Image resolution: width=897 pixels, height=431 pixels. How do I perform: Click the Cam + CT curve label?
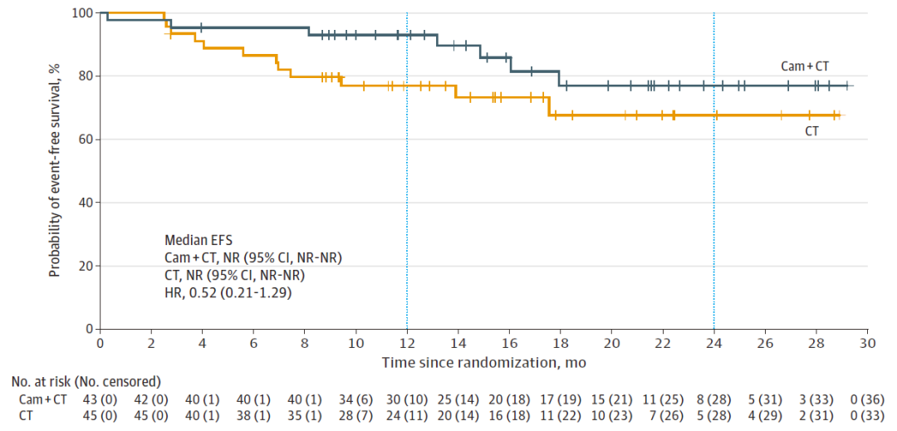(806, 66)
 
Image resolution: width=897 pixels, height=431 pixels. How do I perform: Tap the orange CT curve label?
(811, 130)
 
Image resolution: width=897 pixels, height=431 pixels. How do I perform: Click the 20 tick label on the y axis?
(86, 266)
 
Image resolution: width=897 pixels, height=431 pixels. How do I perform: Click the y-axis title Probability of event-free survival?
(54, 170)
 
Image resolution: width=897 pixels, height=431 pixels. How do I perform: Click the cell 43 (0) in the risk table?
(100, 399)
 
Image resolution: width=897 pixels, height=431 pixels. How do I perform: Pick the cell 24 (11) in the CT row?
(407, 414)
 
